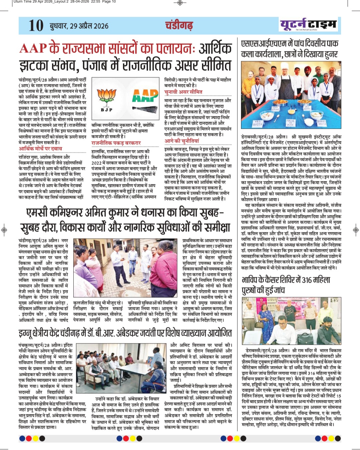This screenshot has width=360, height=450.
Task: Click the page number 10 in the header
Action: click(36, 26)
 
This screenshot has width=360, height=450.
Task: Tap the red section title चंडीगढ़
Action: click(179, 25)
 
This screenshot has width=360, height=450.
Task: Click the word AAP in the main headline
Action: click(33, 49)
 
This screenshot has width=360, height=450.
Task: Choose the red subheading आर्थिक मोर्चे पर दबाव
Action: click(40, 149)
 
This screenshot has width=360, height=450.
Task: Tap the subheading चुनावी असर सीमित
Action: click(183, 92)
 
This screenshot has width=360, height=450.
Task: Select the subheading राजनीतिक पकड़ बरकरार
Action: click(116, 143)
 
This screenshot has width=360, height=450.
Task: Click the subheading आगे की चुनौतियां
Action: click(182, 141)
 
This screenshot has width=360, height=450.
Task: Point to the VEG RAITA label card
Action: click(258, 123)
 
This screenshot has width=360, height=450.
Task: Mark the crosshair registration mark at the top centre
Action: click(180, 3)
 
